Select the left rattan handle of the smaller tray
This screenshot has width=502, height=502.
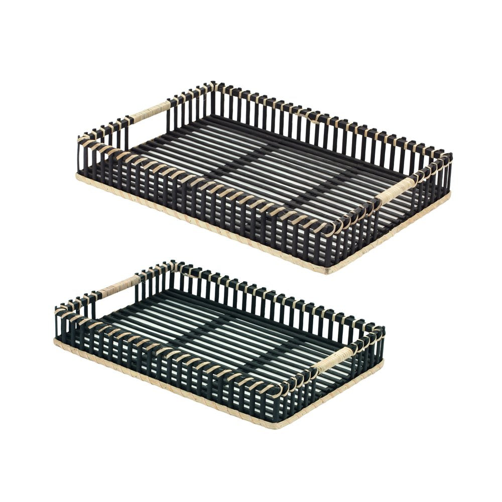pyautogui.click(x=119, y=287)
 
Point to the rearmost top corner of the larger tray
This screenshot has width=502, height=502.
pyautogui.click(x=214, y=84)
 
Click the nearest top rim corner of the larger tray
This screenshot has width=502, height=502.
pyautogui.click(x=331, y=232)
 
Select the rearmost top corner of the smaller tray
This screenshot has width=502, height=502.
pyautogui.click(x=174, y=264)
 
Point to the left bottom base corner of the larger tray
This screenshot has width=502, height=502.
pyautogui.click(x=78, y=176)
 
